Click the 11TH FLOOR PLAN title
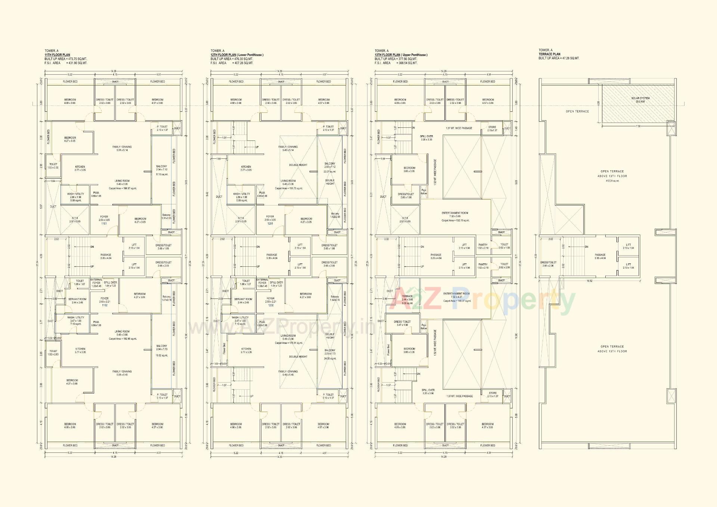tap(57, 55)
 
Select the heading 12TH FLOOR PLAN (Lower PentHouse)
tap(237, 55)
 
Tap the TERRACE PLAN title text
tap(549, 54)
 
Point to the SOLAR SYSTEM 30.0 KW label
tap(640, 100)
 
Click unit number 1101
tap(104, 223)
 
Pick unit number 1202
tap(271, 305)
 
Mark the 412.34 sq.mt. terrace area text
tap(612, 181)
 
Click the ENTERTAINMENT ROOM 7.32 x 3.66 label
tap(455, 214)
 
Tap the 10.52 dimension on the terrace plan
tap(589, 281)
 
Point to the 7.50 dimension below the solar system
tap(638, 126)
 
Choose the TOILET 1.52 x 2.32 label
tap(53, 166)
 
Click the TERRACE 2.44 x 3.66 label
tap(407, 298)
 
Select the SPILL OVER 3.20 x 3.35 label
tap(426, 138)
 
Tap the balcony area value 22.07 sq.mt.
tap(330, 171)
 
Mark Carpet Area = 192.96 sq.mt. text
tap(122, 339)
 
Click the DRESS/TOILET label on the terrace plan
tap(548, 264)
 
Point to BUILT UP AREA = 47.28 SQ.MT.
tap(559, 58)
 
